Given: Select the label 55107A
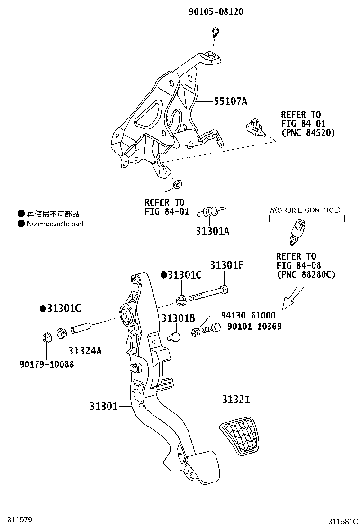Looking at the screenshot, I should point(230,101).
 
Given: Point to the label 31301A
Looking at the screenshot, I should point(212,231).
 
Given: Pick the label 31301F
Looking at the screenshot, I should point(227,265).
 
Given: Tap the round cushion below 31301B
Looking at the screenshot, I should point(175,337).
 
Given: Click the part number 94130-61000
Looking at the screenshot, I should point(248,315).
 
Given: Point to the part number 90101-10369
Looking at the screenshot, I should point(254,327).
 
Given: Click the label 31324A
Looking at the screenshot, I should point(85,351).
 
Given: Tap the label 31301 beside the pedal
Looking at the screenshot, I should point(104,406).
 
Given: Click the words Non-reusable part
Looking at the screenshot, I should point(55,224).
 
